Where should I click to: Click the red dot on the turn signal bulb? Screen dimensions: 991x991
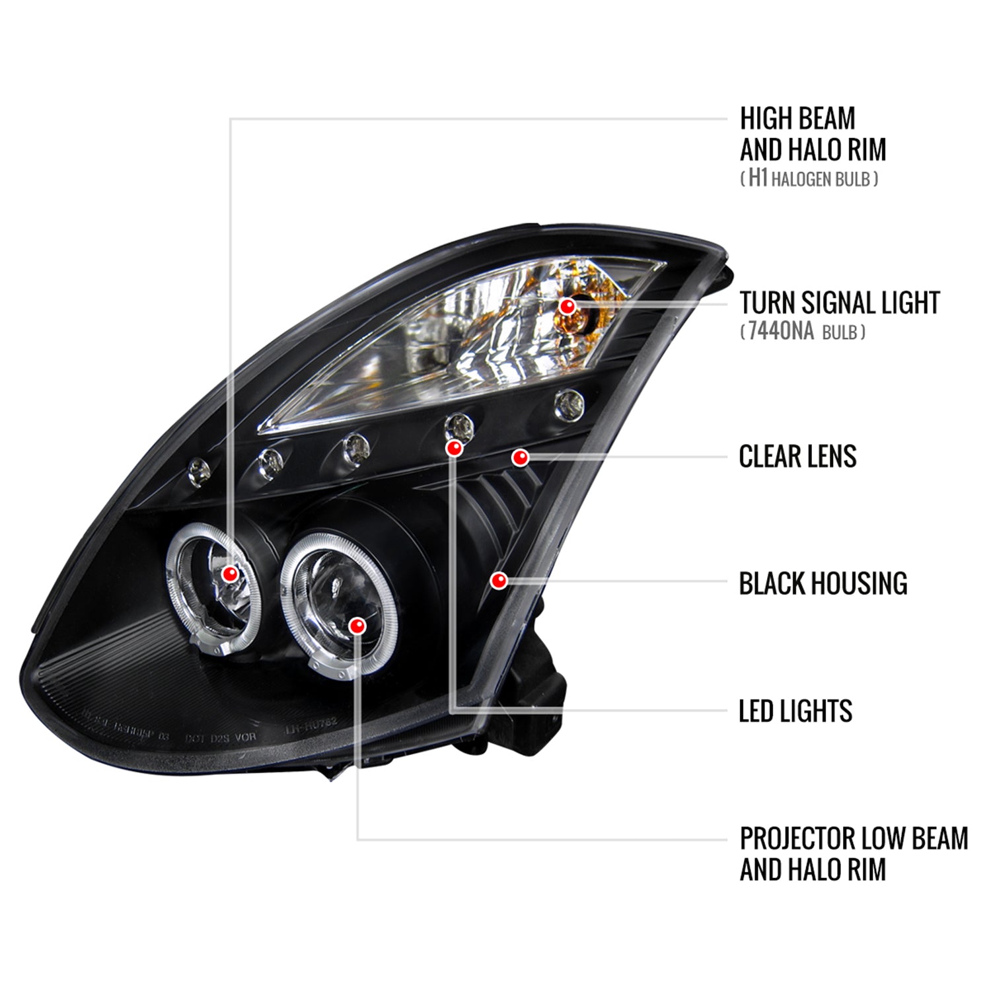566,306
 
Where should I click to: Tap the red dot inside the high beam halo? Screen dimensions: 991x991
229,573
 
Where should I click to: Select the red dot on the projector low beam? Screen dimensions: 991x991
357,626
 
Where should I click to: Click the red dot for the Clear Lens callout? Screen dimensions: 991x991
521,457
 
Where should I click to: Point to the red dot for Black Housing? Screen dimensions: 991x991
499,581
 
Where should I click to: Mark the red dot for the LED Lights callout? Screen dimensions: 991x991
454,449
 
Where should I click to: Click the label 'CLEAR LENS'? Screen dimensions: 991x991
797,457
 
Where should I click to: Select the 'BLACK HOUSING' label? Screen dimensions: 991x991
823,583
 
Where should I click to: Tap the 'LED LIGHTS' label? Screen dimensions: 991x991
795,711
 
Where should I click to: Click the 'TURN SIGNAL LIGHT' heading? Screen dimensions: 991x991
839,303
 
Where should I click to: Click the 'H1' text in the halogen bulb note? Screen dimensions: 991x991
757,178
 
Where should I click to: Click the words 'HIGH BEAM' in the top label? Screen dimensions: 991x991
797,120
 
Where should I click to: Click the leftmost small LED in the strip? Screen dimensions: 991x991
199,471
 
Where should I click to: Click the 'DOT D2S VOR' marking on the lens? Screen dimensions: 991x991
220,737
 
